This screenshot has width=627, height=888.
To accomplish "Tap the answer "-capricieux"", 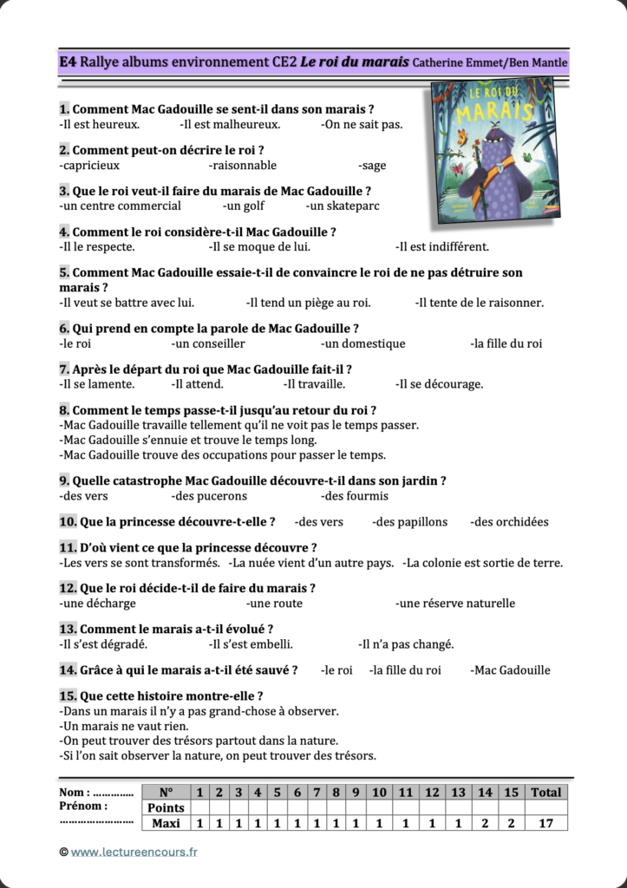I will [89, 166].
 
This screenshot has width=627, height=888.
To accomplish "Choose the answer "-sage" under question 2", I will [371, 166].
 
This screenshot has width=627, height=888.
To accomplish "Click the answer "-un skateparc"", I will [343, 206].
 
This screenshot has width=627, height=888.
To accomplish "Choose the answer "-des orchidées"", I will [509, 522].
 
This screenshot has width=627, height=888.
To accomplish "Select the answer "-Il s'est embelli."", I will [251, 644].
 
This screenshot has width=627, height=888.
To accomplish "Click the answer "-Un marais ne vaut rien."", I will [124, 726].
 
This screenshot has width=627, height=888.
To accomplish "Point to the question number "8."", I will [64, 410].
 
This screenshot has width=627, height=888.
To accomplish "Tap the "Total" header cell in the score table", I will [545, 792].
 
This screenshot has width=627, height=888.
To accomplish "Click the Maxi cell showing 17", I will [545, 824].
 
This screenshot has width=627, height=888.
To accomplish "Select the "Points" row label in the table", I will [165, 807].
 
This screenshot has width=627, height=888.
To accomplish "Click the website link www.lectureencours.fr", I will [134, 852].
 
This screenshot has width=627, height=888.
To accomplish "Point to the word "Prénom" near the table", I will [82, 806].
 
